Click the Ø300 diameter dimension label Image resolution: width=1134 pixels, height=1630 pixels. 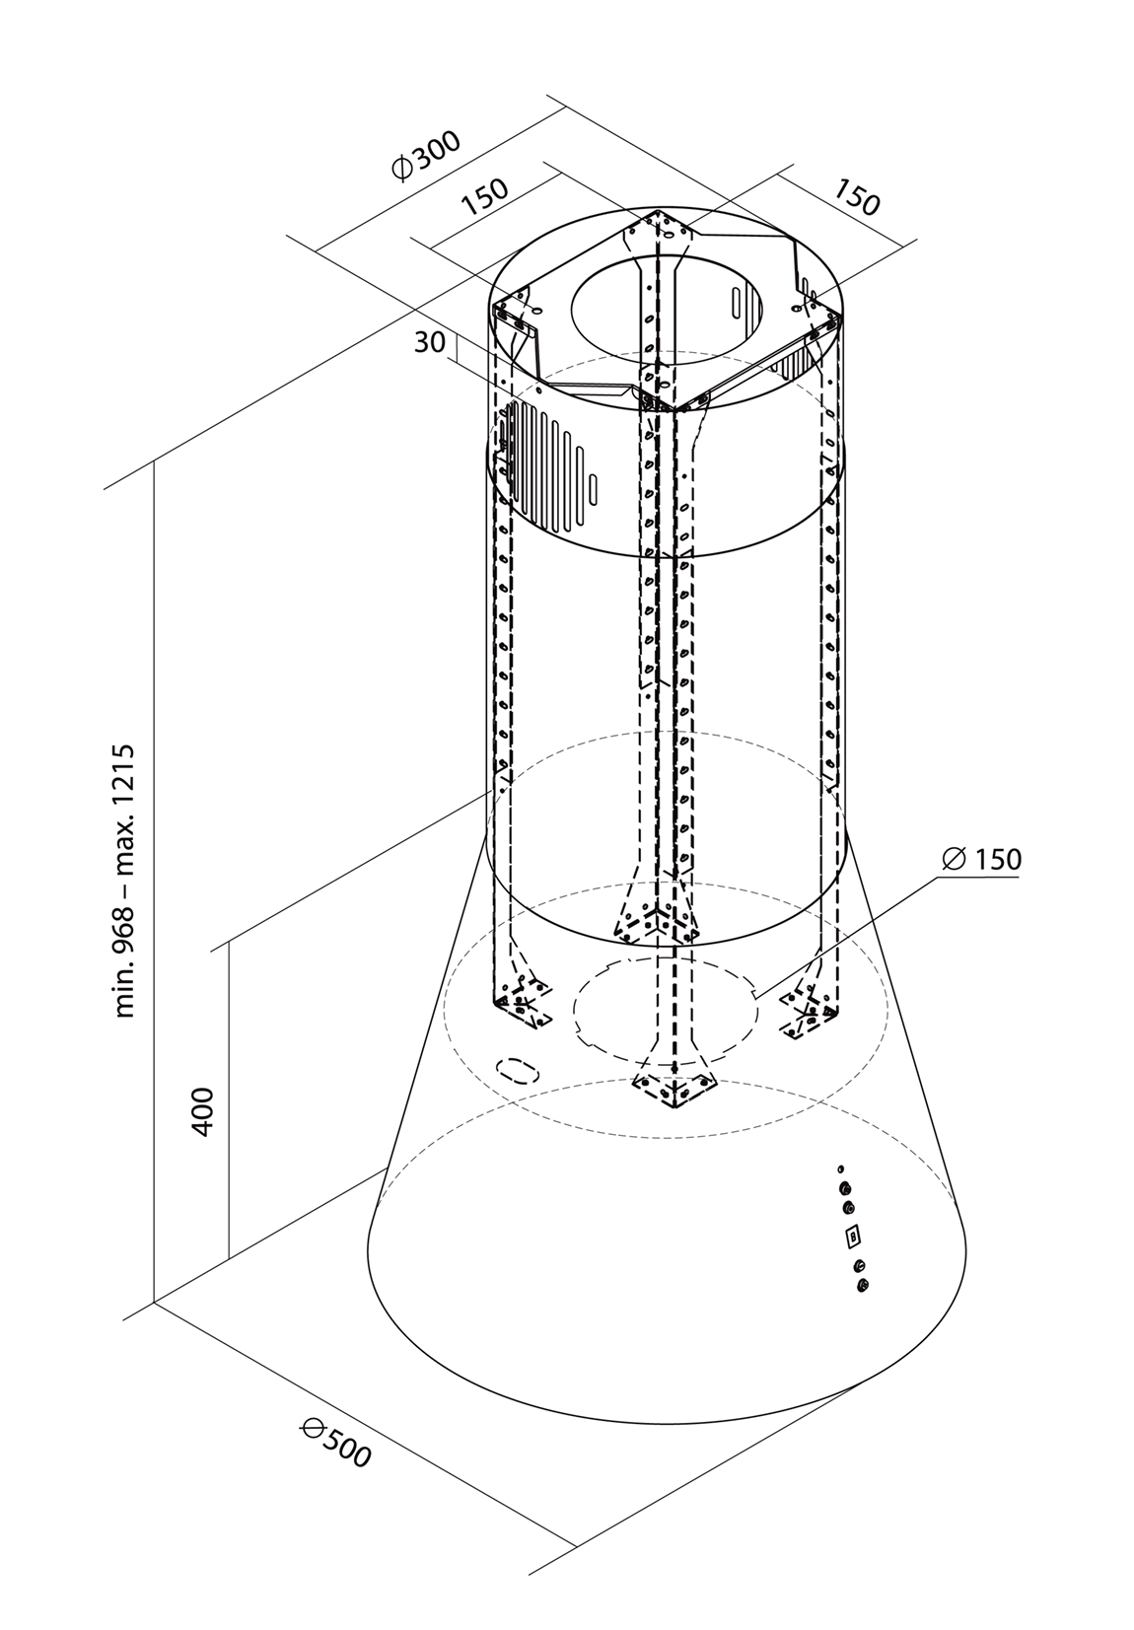[426, 157]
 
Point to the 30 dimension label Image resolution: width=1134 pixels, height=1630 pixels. [429, 342]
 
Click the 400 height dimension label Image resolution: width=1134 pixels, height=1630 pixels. [202, 1111]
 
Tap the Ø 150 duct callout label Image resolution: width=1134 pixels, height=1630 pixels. [982, 859]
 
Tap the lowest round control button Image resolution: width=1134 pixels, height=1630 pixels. [865, 1284]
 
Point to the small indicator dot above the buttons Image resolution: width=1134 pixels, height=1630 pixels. [840, 1169]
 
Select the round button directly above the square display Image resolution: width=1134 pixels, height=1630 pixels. [849, 1207]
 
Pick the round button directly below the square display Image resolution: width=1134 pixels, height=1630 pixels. [860, 1265]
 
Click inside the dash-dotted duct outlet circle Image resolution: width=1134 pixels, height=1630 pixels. [664, 1006]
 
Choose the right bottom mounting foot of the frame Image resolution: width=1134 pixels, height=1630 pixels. [812, 1011]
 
